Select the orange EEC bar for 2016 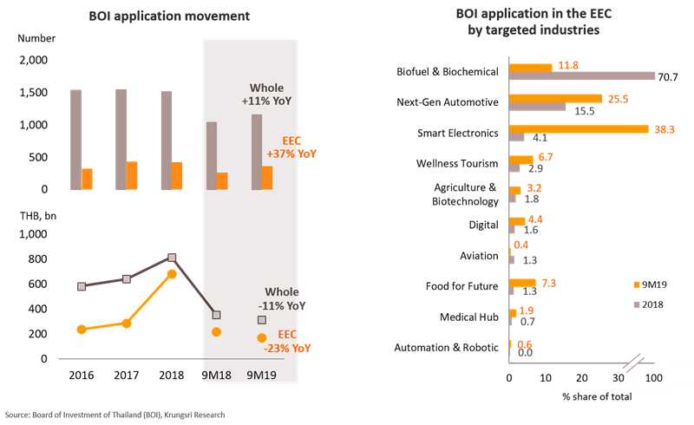point(87,179)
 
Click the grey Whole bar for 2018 point(166,141)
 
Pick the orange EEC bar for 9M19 point(267,178)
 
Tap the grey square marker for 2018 point(172,258)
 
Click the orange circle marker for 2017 point(127,324)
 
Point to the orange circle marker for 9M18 point(217,332)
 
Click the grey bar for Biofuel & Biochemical point(582,75)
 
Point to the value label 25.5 point(619,99)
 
